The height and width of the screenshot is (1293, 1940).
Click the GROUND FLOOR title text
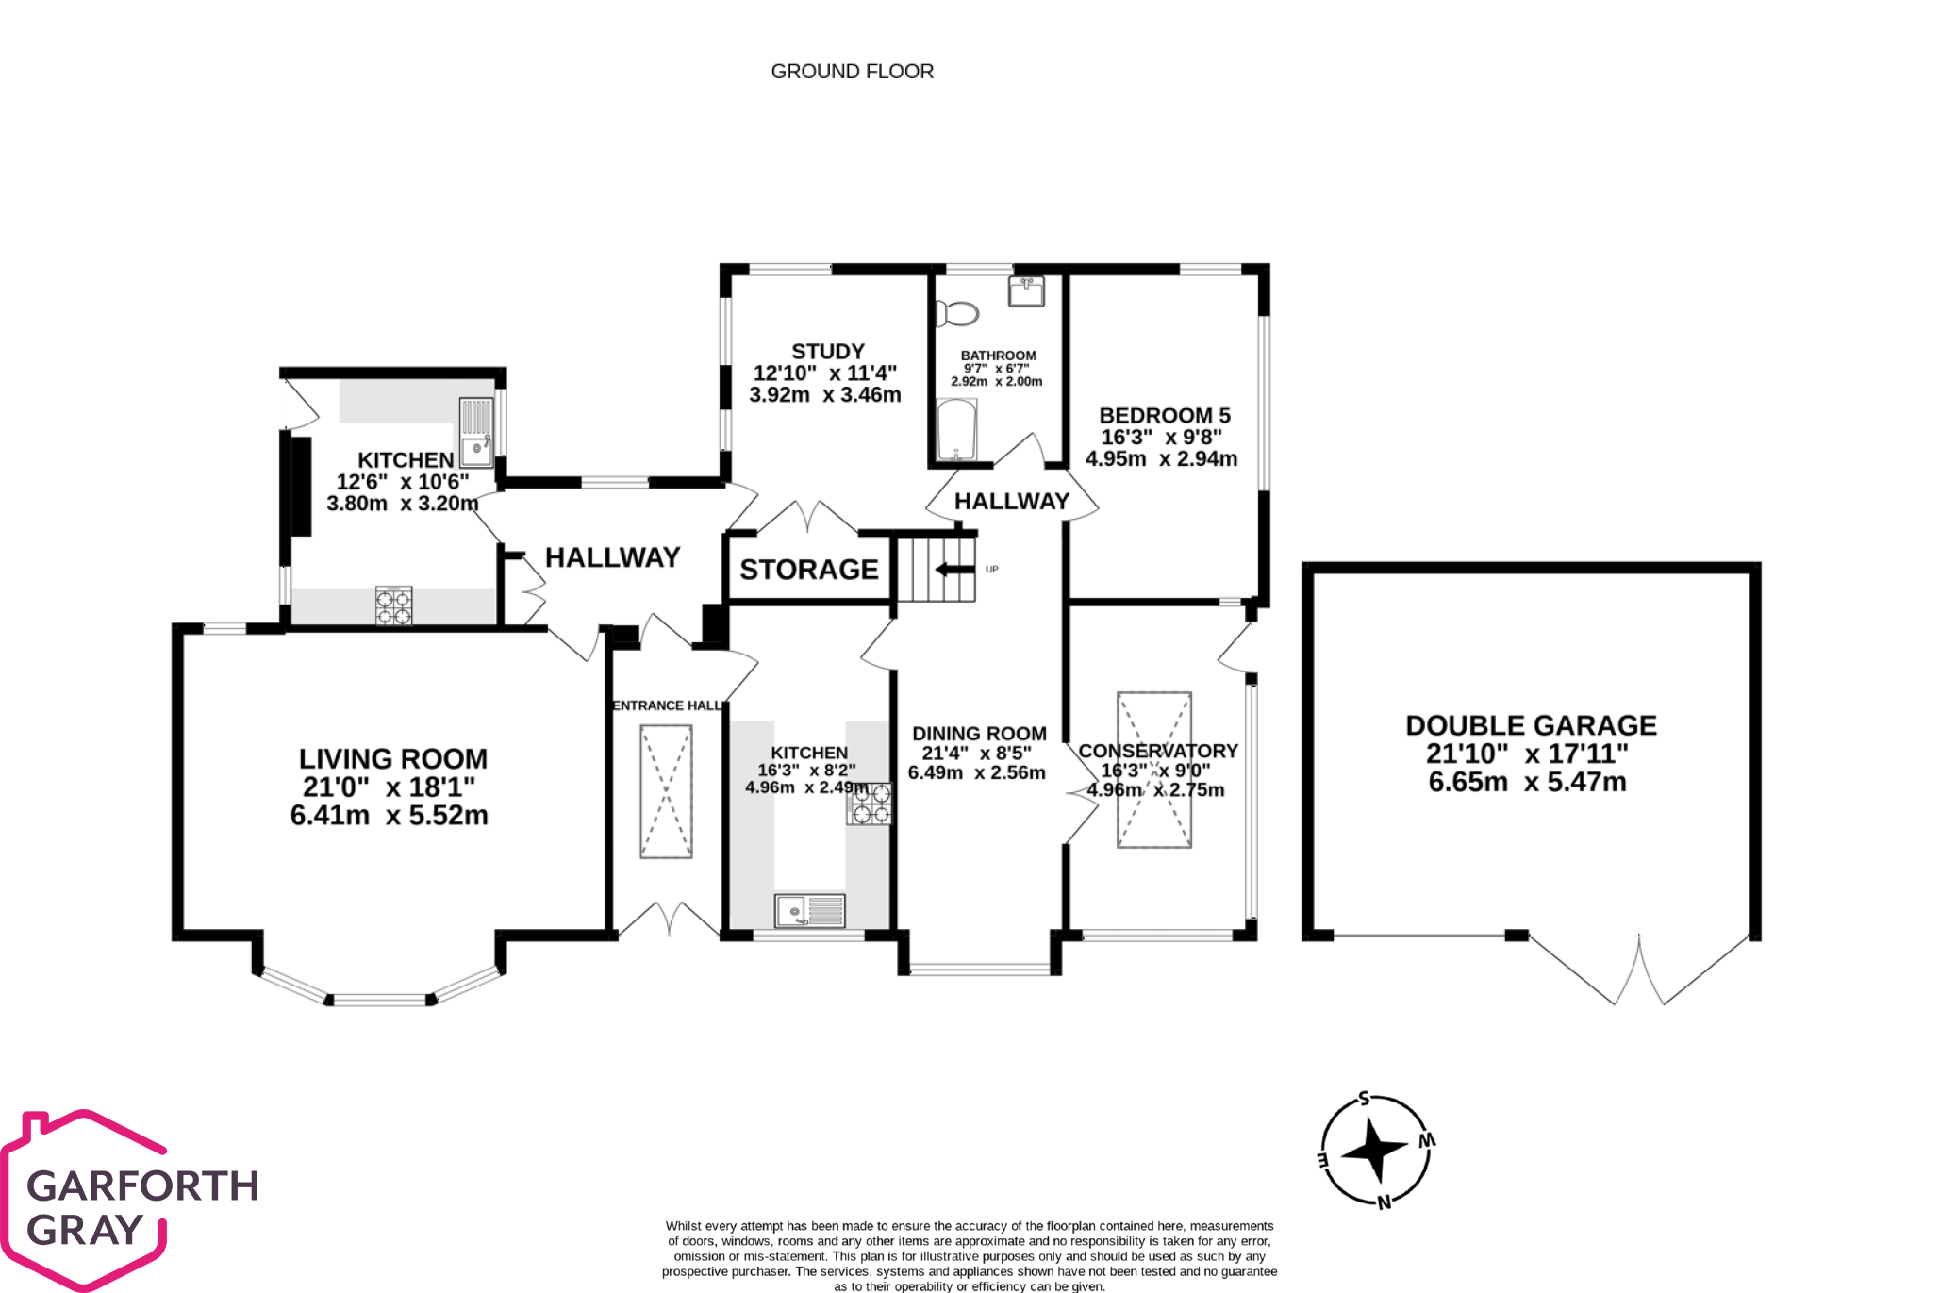coord(852,72)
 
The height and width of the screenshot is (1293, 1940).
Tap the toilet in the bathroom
coord(956,312)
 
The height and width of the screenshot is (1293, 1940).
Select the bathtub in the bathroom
coord(957,429)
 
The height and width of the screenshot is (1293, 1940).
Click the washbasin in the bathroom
coord(1026,291)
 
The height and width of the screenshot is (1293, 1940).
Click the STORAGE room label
coord(808,570)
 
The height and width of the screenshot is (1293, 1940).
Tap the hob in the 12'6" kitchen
coord(393,605)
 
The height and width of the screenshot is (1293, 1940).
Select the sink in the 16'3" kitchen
coord(809,911)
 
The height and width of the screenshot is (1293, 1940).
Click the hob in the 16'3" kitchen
coord(870,804)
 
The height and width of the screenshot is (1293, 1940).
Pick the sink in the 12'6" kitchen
coord(476,431)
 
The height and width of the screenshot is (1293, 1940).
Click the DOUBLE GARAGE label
coord(1530,725)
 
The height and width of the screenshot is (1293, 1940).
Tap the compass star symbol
coord(1374,1150)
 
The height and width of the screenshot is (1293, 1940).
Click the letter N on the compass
coord(1384,1202)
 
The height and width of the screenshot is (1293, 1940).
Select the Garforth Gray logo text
coord(141,1207)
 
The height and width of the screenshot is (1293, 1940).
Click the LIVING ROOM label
coord(392,759)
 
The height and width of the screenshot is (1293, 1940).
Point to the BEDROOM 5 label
coord(1164,416)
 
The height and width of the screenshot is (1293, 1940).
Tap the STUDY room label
coord(827,352)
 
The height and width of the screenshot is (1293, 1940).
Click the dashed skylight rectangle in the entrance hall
coord(666,791)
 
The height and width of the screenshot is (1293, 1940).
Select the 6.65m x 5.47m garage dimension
coord(1526,782)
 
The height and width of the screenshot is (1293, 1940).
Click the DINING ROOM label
coord(979,734)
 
